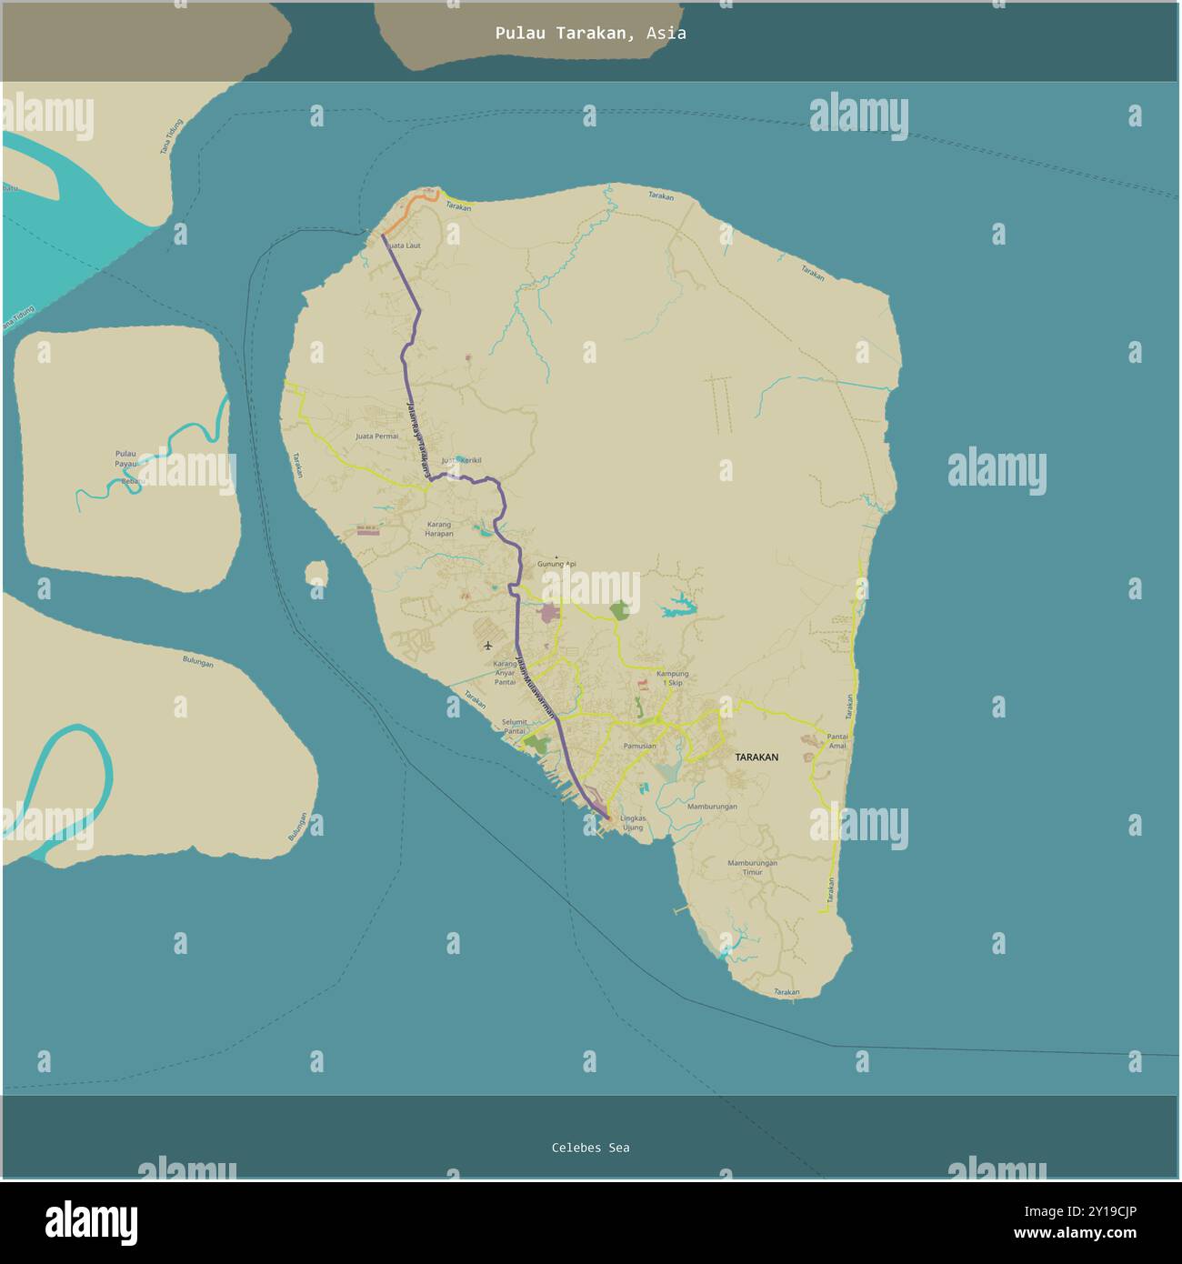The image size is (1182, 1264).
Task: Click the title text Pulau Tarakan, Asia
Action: [x=590, y=34]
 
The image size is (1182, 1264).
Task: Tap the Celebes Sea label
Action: [x=590, y=1148]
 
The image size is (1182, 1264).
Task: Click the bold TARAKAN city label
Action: [x=756, y=757]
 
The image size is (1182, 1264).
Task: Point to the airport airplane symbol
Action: [x=488, y=646]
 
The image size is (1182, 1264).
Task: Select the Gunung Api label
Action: [x=557, y=564]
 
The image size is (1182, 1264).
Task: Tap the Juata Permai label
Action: [x=376, y=436]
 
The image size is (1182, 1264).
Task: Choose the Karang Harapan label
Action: [x=438, y=528]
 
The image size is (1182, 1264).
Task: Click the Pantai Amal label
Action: [x=836, y=740]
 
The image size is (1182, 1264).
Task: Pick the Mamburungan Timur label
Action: [x=752, y=867]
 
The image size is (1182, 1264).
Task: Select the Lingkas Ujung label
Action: [x=632, y=822]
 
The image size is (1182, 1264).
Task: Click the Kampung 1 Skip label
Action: [x=672, y=677]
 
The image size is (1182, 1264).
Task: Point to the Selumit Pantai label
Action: [x=515, y=726]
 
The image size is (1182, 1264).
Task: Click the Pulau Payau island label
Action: [x=126, y=458]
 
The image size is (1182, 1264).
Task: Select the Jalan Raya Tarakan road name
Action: [x=417, y=440]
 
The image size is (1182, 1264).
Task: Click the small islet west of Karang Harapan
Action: [x=316, y=573]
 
